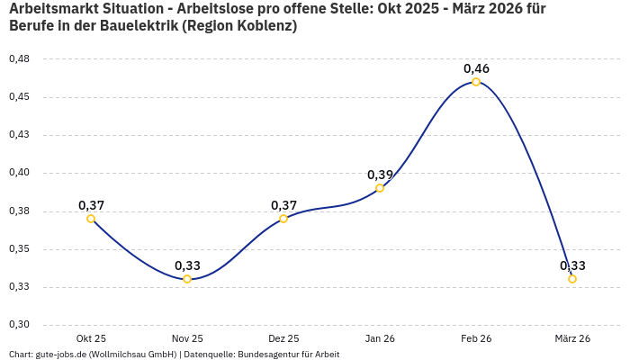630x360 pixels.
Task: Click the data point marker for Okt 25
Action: click(x=91, y=219)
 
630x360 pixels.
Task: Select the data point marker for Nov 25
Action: click(x=187, y=279)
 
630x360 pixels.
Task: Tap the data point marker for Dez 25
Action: click(x=283, y=219)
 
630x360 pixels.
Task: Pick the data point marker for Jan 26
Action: click(x=380, y=188)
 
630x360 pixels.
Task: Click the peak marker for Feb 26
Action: click(x=476, y=82)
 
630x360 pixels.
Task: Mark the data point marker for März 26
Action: click(x=572, y=279)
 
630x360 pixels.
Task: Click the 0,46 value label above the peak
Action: click(x=476, y=68)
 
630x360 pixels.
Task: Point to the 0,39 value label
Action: click(x=380, y=175)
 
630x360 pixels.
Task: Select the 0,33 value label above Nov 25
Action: click(x=187, y=265)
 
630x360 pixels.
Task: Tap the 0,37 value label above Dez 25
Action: click(x=283, y=205)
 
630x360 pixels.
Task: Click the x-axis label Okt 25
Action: click(x=91, y=338)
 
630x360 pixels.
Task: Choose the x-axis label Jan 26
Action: click(x=380, y=338)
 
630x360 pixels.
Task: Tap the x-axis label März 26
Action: click(x=572, y=338)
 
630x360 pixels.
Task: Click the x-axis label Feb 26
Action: click(x=476, y=338)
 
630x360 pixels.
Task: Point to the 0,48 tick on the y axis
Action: click(x=19, y=58)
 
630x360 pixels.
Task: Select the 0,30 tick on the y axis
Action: click(x=19, y=325)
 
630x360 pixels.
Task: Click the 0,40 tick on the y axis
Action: click(x=19, y=173)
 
